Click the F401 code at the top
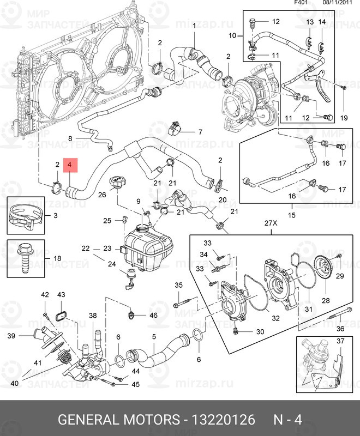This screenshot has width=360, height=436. click(x=301, y=3)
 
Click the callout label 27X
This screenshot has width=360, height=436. click(x=271, y=222)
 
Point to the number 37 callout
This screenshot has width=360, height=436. click(x=341, y=342)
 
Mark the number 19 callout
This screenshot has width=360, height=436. click(x=344, y=118)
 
